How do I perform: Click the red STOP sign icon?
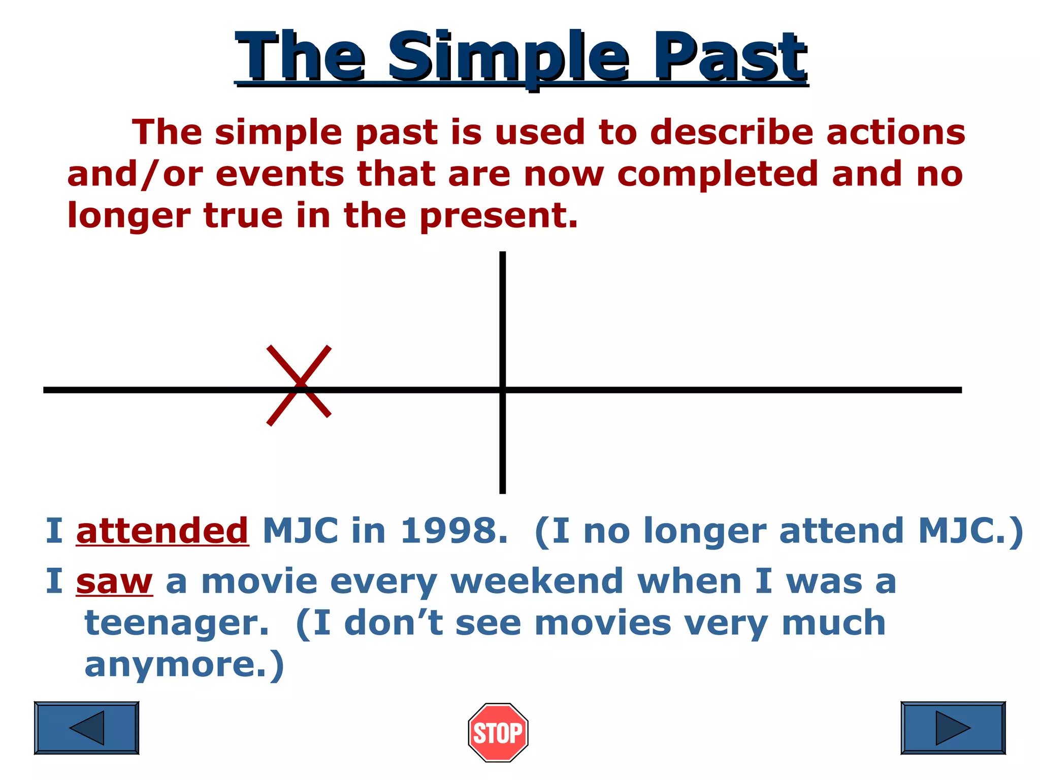(498, 732)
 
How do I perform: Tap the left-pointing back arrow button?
(86, 728)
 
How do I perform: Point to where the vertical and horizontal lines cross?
(502, 390)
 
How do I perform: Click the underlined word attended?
(162, 531)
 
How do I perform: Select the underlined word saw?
(114, 581)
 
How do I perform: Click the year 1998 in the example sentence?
(453, 531)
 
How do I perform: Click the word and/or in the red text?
(135, 174)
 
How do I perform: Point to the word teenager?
(176, 624)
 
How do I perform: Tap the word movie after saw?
(259, 581)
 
